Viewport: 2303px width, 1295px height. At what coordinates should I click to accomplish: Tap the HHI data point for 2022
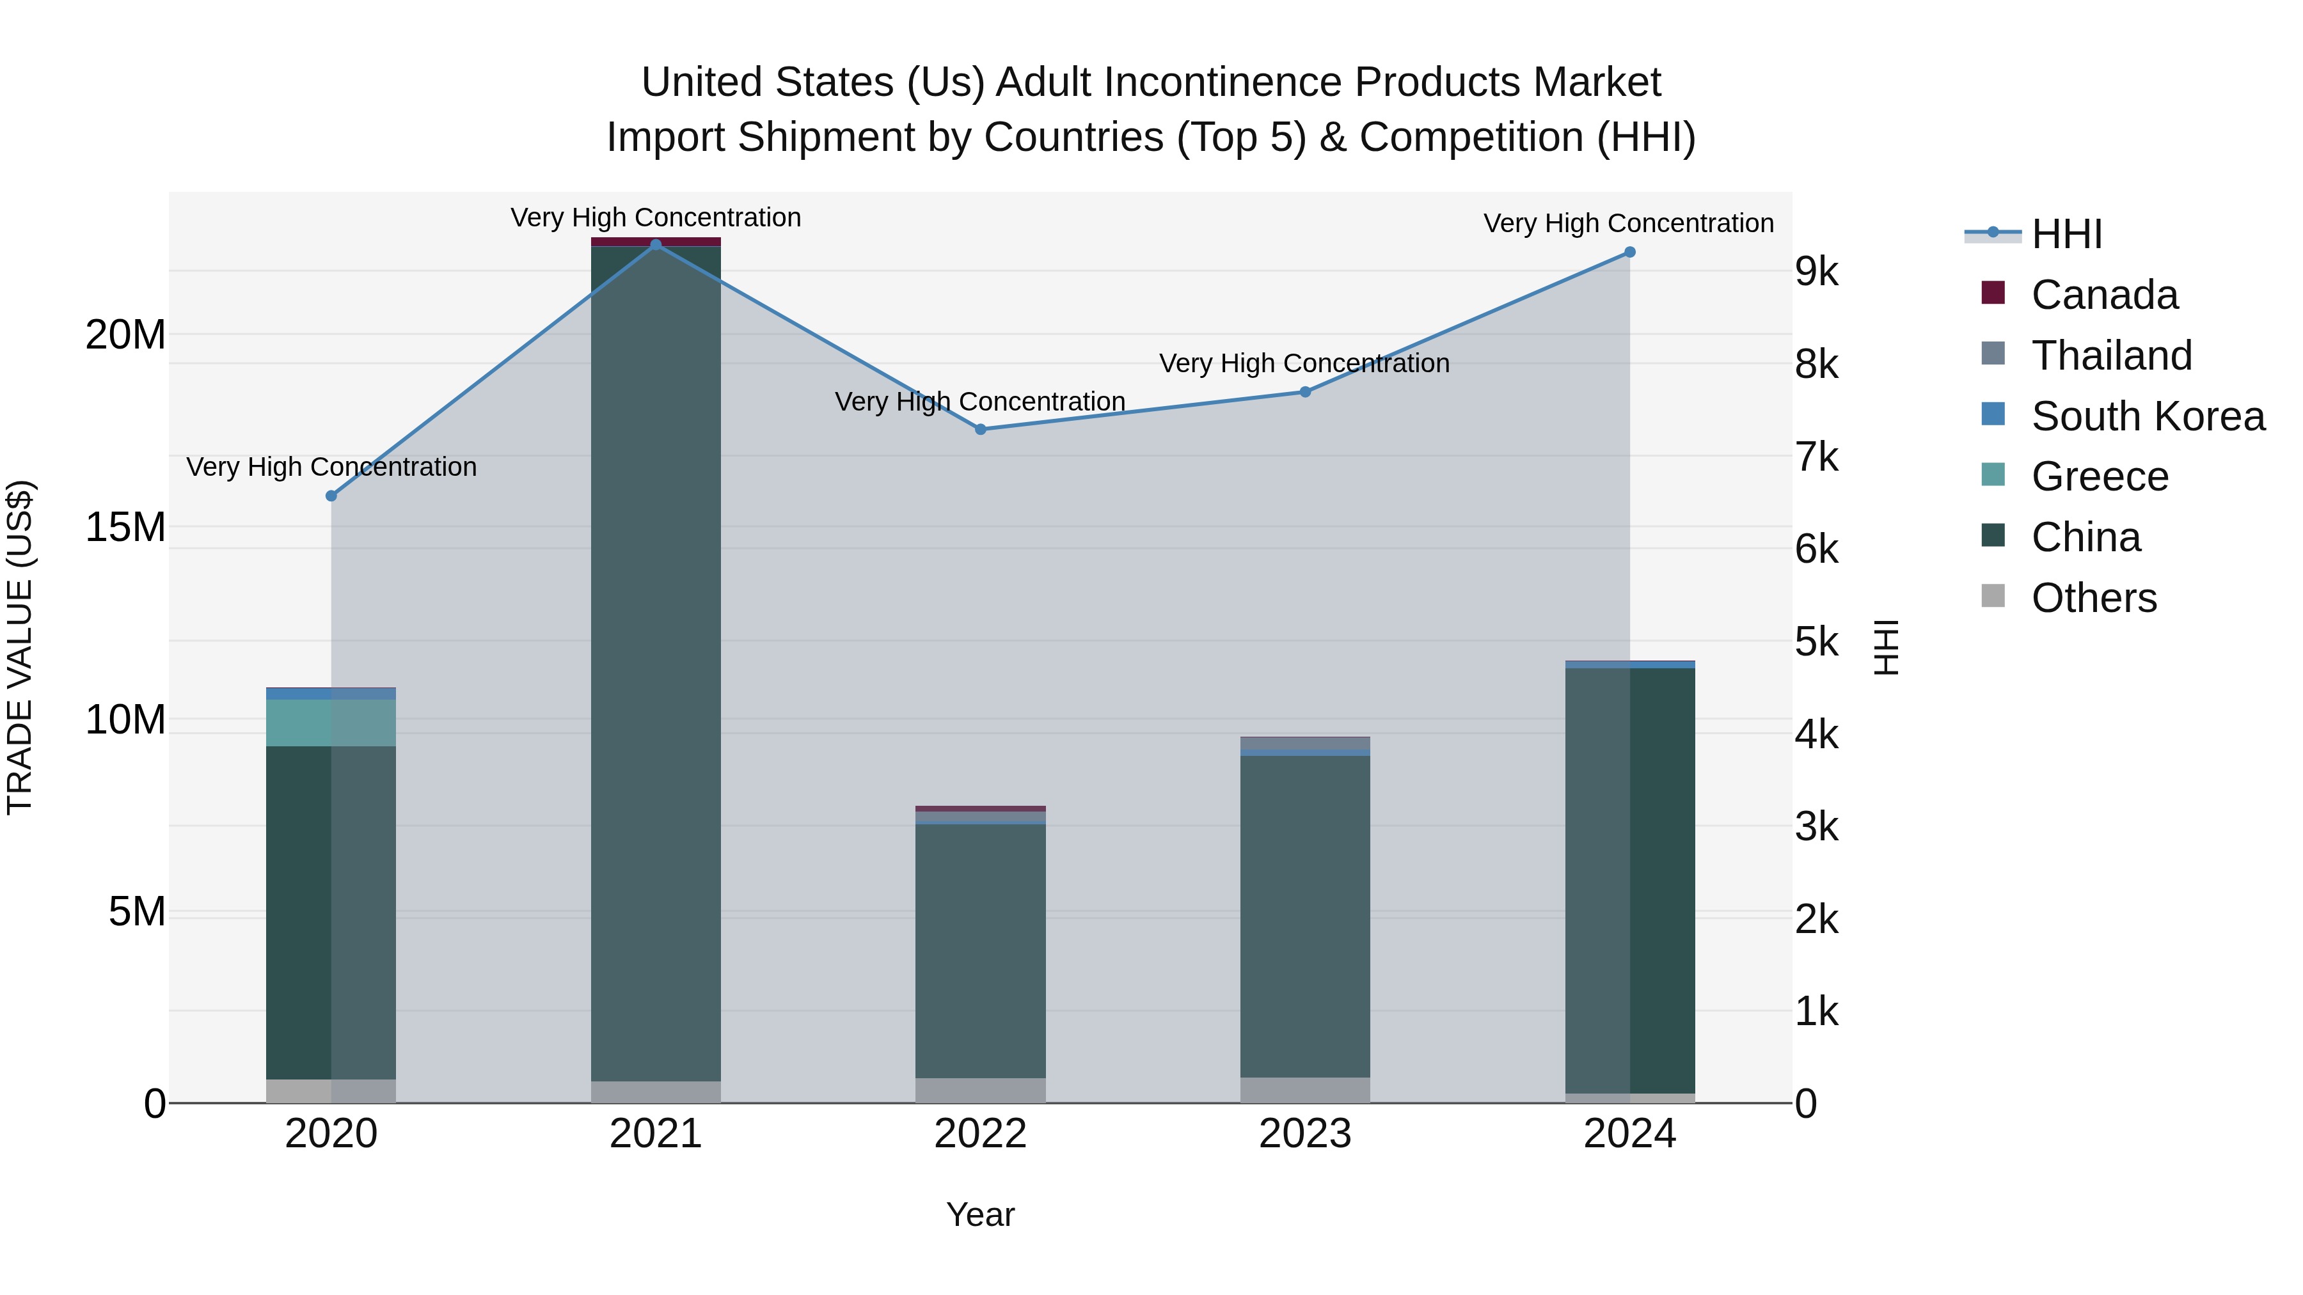click(980, 429)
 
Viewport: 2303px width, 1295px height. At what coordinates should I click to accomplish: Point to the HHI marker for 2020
click(331, 496)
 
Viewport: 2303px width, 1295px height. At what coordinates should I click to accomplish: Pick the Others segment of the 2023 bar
click(1304, 1090)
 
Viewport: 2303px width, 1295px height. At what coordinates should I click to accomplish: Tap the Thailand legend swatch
click(1993, 354)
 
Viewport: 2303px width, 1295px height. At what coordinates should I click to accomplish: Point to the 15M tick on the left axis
click(125, 528)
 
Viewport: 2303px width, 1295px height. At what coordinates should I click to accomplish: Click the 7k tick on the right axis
click(1817, 458)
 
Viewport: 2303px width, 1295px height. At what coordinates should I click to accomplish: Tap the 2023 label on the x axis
click(1304, 1134)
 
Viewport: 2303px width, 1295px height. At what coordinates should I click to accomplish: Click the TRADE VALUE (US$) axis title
click(20, 647)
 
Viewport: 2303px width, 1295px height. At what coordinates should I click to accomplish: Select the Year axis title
click(980, 1214)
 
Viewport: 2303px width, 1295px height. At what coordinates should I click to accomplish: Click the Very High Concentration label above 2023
click(1304, 364)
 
